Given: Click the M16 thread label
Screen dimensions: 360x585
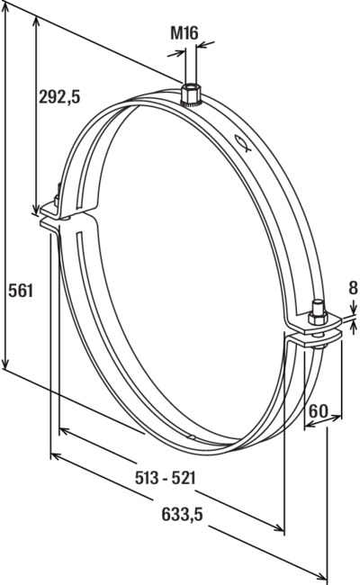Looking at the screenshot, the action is (184, 32).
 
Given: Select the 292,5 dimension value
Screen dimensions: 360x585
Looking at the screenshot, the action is (59, 97).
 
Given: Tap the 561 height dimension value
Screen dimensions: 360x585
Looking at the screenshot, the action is (21, 291).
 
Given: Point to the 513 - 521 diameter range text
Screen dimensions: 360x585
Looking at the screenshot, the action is (166, 478).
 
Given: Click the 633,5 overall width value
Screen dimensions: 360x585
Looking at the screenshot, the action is (182, 515).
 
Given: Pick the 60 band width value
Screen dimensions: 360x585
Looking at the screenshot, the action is (319, 411).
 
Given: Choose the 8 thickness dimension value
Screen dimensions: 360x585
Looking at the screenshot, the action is (353, 288).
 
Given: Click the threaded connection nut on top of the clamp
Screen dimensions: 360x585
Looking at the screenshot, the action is (191, 95).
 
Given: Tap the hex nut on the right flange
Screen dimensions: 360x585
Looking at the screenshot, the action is (318, 319).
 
